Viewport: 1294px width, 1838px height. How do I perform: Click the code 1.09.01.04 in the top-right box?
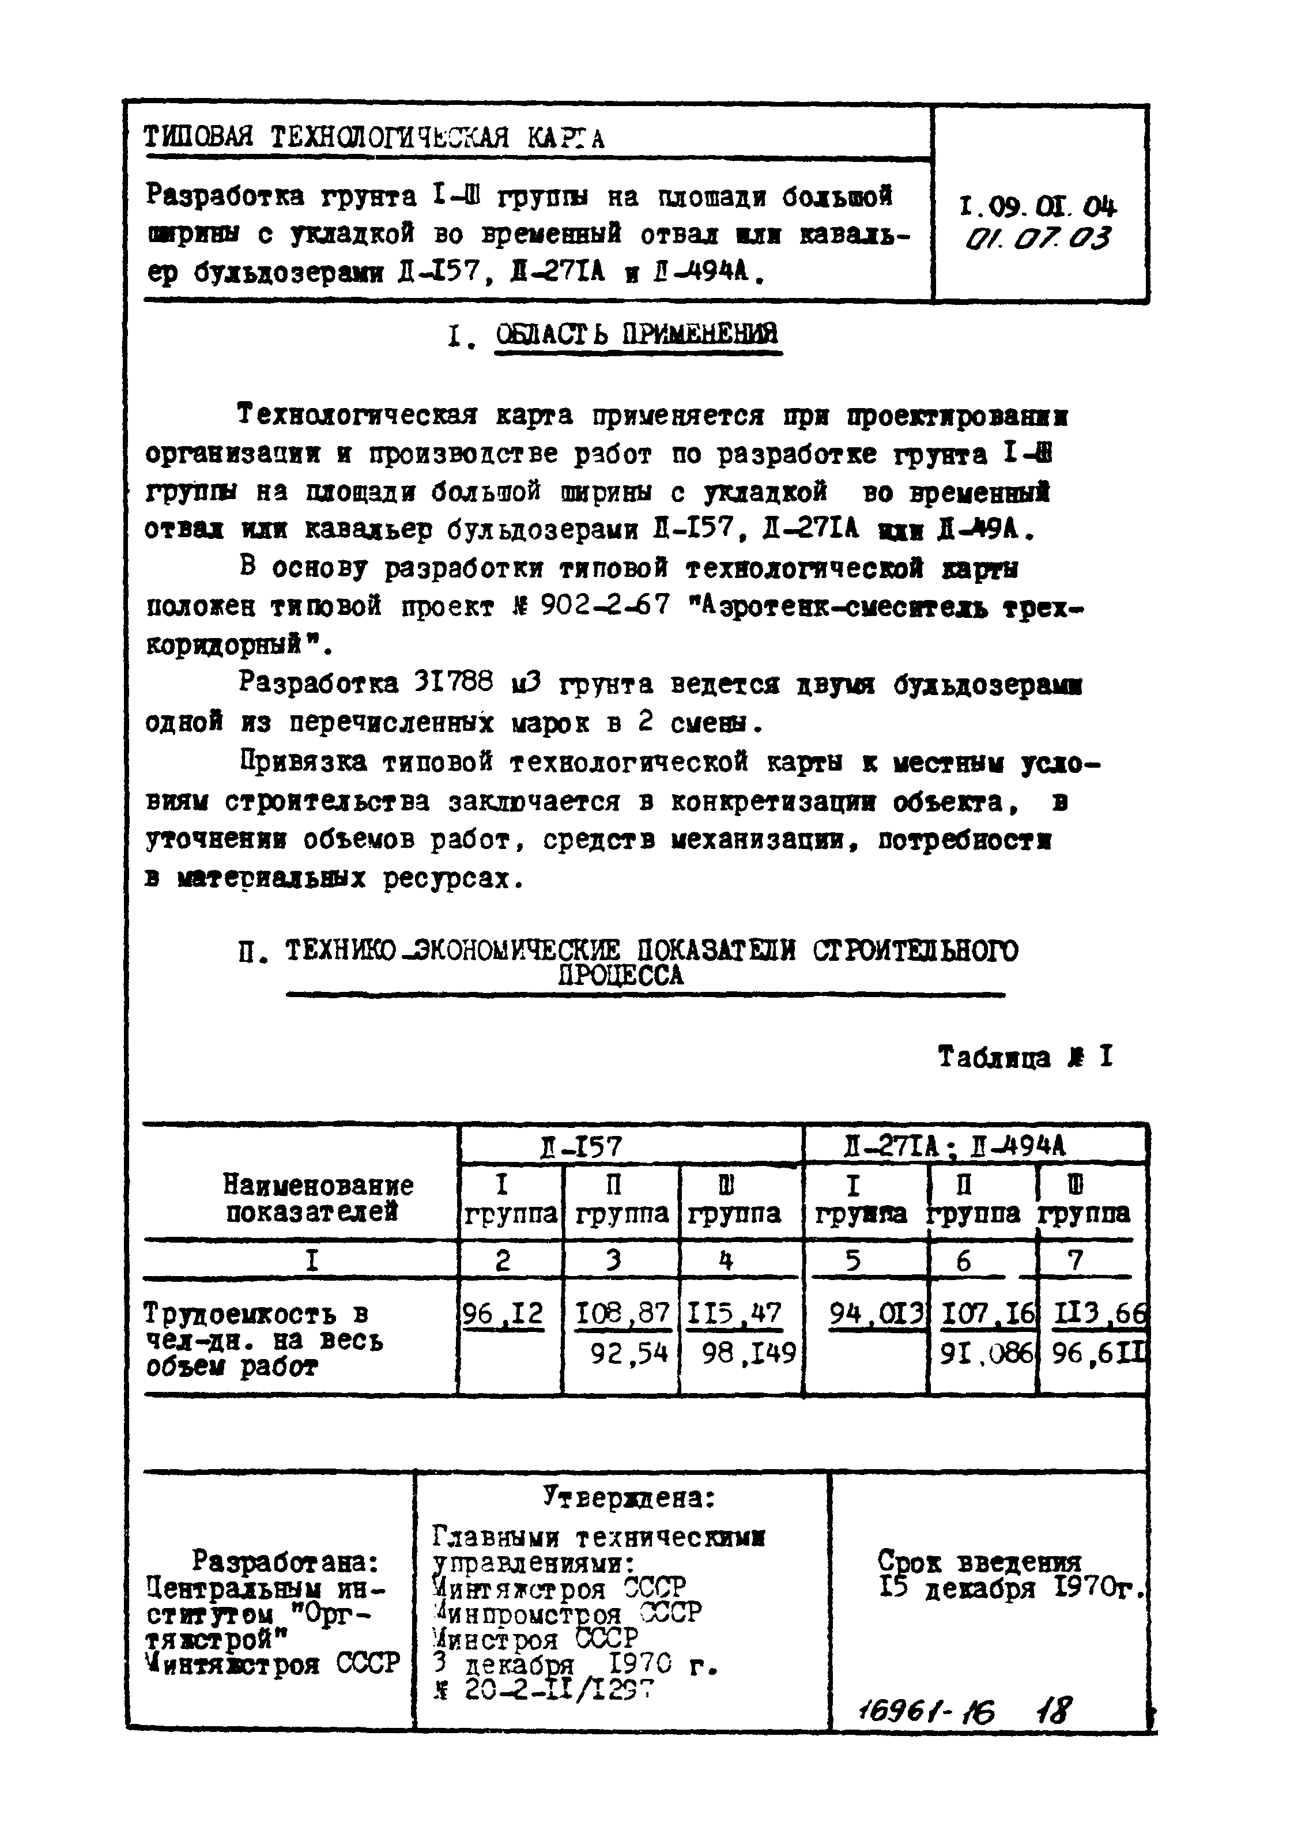(x=1037, y=207)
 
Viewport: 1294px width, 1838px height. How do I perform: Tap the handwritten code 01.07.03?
(x=1037, y=239)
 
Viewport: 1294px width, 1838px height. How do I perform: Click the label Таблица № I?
(x=1025, y=1058)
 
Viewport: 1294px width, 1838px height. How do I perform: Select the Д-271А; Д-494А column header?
(x=955, y=1147)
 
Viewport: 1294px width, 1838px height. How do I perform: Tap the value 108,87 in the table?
(x=622, y=1314)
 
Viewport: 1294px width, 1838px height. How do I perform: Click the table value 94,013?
(x=877, y=1314)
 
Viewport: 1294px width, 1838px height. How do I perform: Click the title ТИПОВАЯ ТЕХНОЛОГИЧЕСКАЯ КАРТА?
(x=373, y=138)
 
